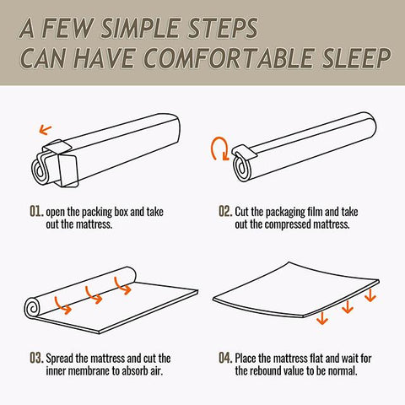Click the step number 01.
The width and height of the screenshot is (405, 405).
tap(37, 211)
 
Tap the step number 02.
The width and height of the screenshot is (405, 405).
tap(226, 211)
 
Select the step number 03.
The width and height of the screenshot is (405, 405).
tap(37, 358)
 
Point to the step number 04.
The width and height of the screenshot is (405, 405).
tap(226, 358)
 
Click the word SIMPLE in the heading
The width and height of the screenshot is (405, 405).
tap(142, 28)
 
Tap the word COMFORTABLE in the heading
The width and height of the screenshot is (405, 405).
tap(229, 58)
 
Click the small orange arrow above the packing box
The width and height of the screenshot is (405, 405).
tap(45, 130)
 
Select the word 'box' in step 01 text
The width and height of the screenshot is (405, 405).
tap(121, 212)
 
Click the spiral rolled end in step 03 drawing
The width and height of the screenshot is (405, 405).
tap(33, 308)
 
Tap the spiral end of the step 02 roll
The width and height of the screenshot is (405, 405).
tap(242, 167)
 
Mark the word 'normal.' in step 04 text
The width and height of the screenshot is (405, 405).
tap(343, 370)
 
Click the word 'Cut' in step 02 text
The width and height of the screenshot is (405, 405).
tap(241, 212)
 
